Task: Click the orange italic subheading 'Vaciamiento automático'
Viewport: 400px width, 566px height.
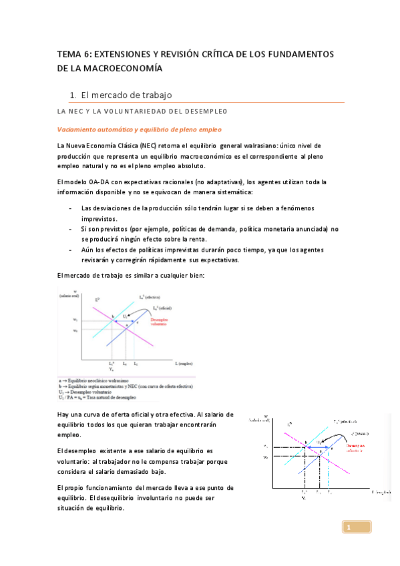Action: click(97, 128)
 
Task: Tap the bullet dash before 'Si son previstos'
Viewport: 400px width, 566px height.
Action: click(70, 228)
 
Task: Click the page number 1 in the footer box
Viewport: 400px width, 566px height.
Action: click(348, 528)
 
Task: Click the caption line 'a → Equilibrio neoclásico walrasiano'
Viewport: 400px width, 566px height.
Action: click(100, 380)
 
